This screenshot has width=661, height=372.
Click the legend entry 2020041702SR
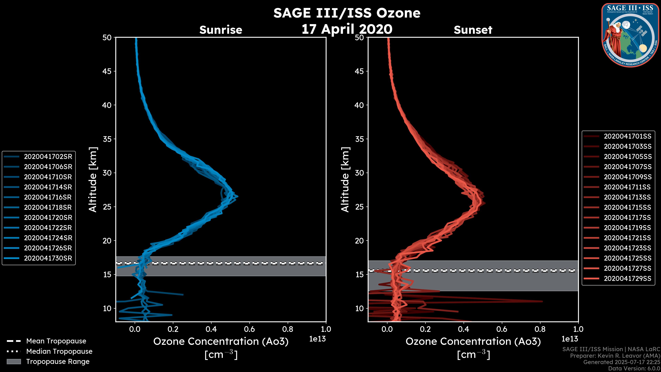tap(48, 157)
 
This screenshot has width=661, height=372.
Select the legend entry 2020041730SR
tap(48, 258)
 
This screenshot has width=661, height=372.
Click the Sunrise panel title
tap(221, 30)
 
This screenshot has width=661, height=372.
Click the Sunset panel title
tap(473, 30)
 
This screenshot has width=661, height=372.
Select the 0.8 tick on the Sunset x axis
tap(540, 329)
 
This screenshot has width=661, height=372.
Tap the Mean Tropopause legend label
tap(56, 341)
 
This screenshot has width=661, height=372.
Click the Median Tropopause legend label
tap(59, 352)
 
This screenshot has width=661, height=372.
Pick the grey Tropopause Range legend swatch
tap(14, 361)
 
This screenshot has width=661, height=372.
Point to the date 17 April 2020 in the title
tap(347, 29)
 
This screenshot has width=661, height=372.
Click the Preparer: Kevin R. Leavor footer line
tap(615, 356)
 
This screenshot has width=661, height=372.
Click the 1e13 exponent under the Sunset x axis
tap(570, 339)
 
